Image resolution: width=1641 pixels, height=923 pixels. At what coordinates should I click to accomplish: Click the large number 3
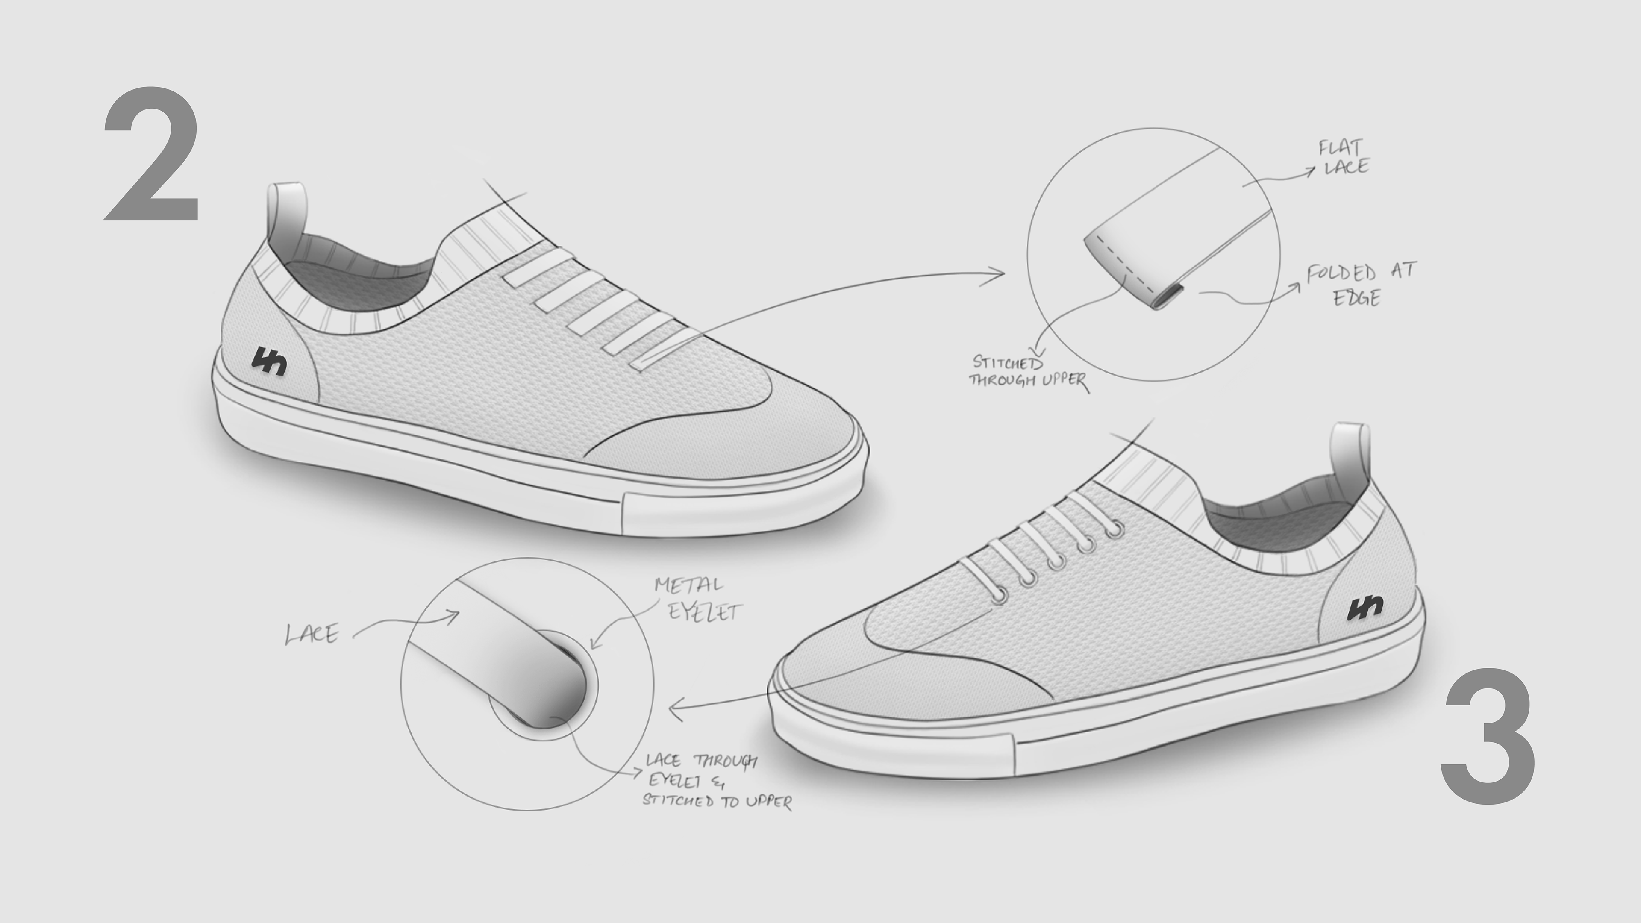(1488, 737)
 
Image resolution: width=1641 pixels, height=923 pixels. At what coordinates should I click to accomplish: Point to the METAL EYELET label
(697, 599)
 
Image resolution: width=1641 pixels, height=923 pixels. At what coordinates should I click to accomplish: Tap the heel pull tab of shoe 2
(287, 217)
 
